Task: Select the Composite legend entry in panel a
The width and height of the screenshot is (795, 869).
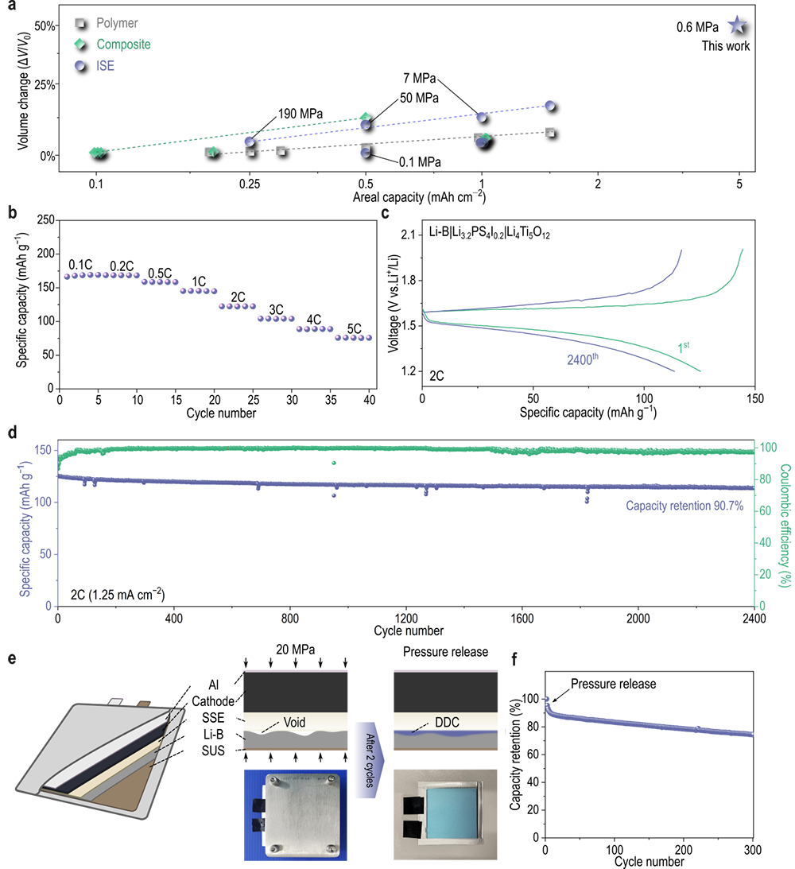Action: click(x=59, y=44)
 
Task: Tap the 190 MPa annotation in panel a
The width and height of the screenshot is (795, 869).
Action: click(x=301, y=114)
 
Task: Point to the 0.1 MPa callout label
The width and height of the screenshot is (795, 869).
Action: click(x=420, y=161)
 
